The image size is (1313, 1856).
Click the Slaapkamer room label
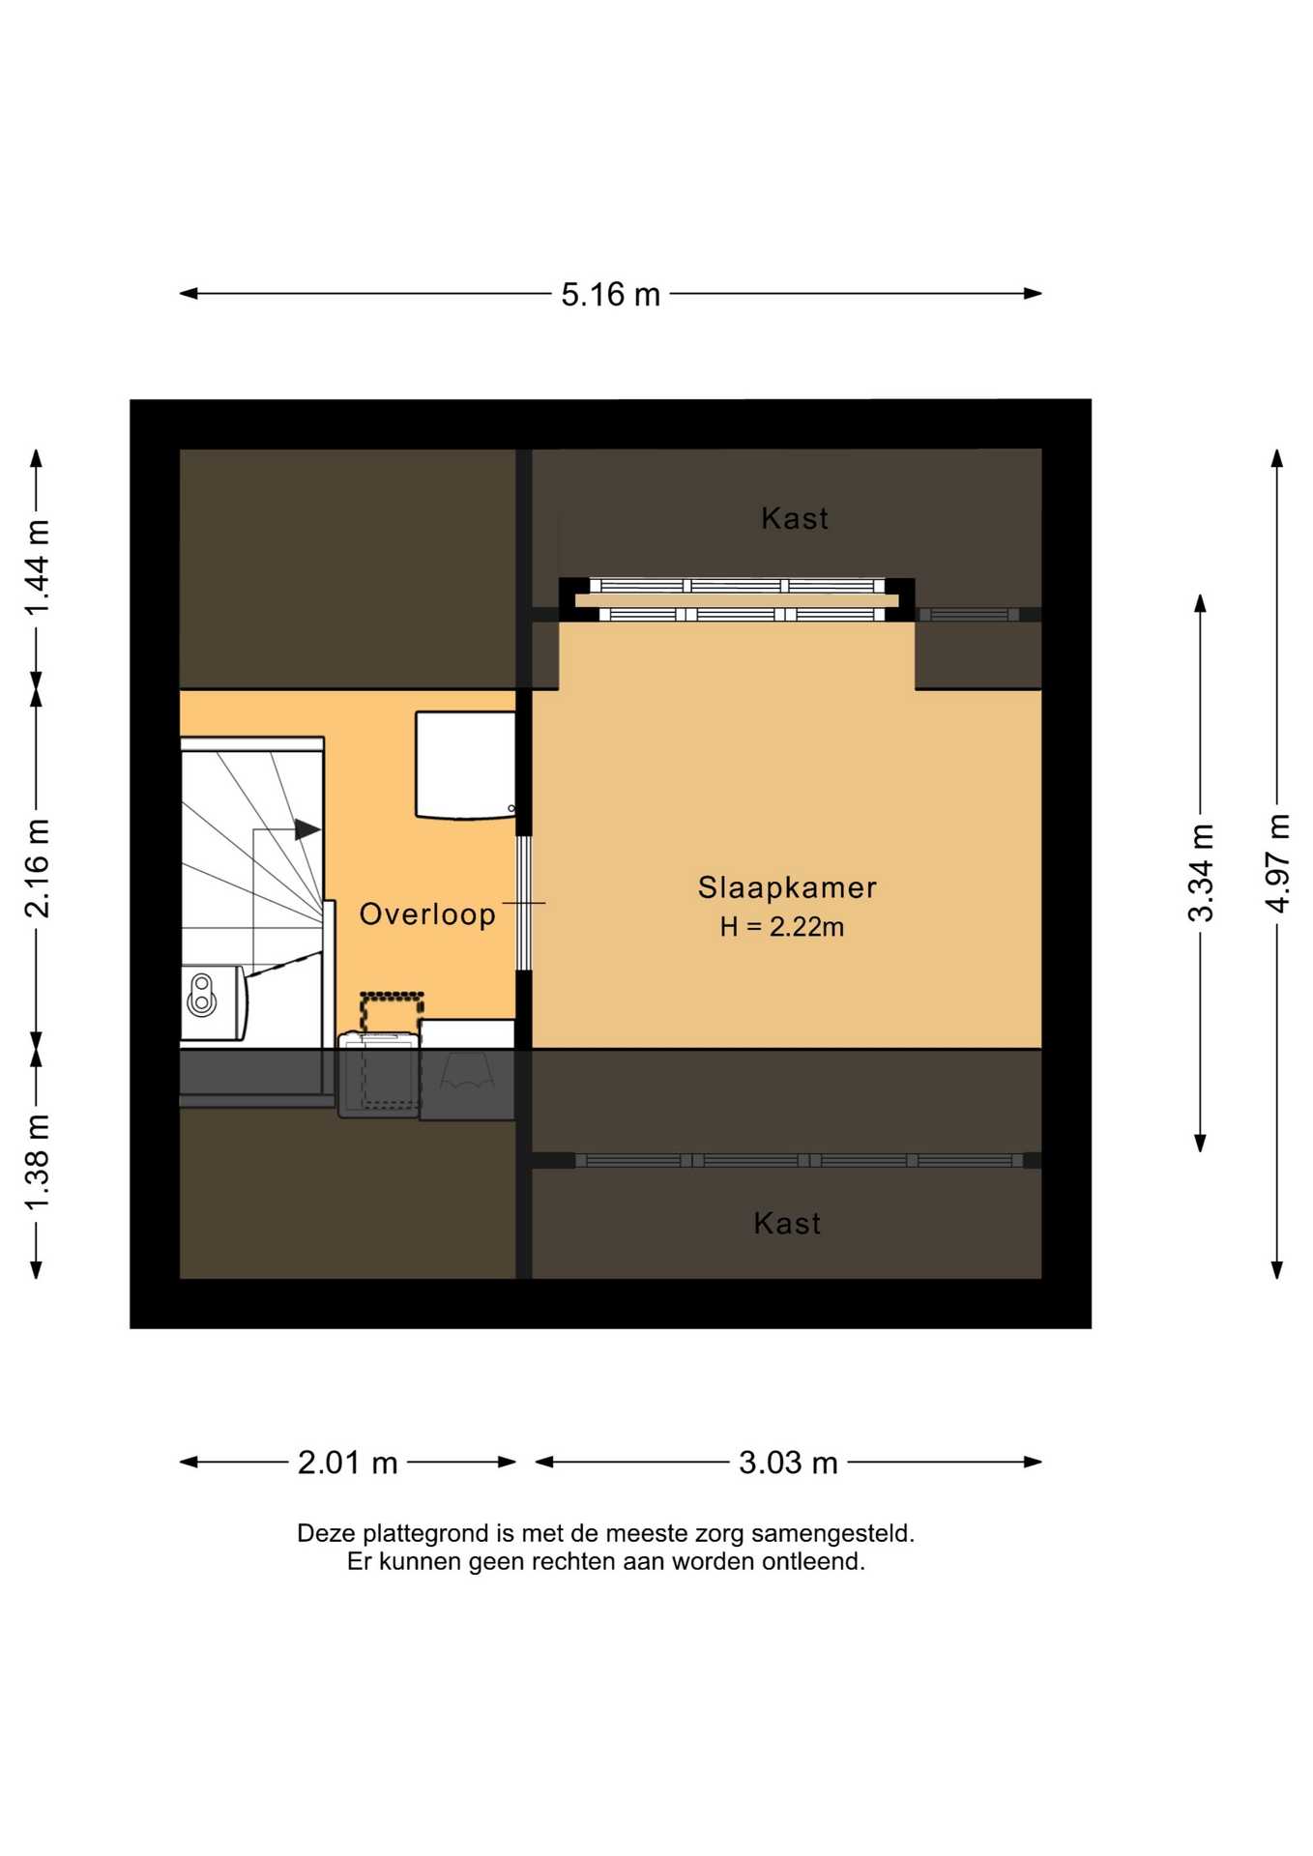pyautogui.click(x=787, y=887)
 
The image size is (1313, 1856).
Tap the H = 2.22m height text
pyautogui.click(x=781, y=927)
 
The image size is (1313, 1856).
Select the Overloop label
pyautogui.click(x=427, y=913)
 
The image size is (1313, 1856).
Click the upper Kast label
pyautogui.click(x=795, y=518)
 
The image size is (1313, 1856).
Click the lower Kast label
pyautogui.click(x=787, y=1224)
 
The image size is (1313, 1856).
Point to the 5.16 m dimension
pyautogui.click(x=611, y=294)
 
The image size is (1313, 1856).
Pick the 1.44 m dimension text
pyautogui.click(x=37, y=567)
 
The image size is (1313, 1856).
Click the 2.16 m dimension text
pyautogui.click(x=37, y=868)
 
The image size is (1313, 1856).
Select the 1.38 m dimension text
pyautogui.click(x=37, y=1163)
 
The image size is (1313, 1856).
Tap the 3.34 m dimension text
pyautogui.click(x=1201, y=873)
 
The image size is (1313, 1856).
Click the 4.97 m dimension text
pyautogui.click(x=1277, y=863)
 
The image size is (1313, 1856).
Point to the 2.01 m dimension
pyautogui.click(x=348, y=1463)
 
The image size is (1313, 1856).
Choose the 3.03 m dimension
pyautogui.click(x=788, y=1463)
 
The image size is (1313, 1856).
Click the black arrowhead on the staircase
pyautogui.click(x=307, y=829)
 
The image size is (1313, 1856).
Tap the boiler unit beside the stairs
pyautogui.click(x=214, y=1002)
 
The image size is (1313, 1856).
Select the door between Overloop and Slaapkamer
pyautogui.click(x=524, y=903)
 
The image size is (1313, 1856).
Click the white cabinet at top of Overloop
pyautogui.click(x=465, y=766)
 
